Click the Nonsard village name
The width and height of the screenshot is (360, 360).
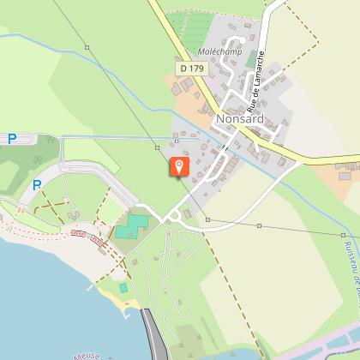[x=241, y=119]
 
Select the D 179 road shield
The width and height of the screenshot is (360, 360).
[x=191, y=66]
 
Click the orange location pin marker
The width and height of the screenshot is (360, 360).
[x=179, y=167]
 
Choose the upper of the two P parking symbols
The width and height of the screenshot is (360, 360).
[x=12, y=138]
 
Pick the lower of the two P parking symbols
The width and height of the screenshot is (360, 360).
[x=38, y=184]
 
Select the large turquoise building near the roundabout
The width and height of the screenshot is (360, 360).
[x=131, y=226]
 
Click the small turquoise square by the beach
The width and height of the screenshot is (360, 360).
[x=123, y=287]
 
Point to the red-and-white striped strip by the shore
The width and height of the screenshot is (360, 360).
[x=88, y=237]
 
